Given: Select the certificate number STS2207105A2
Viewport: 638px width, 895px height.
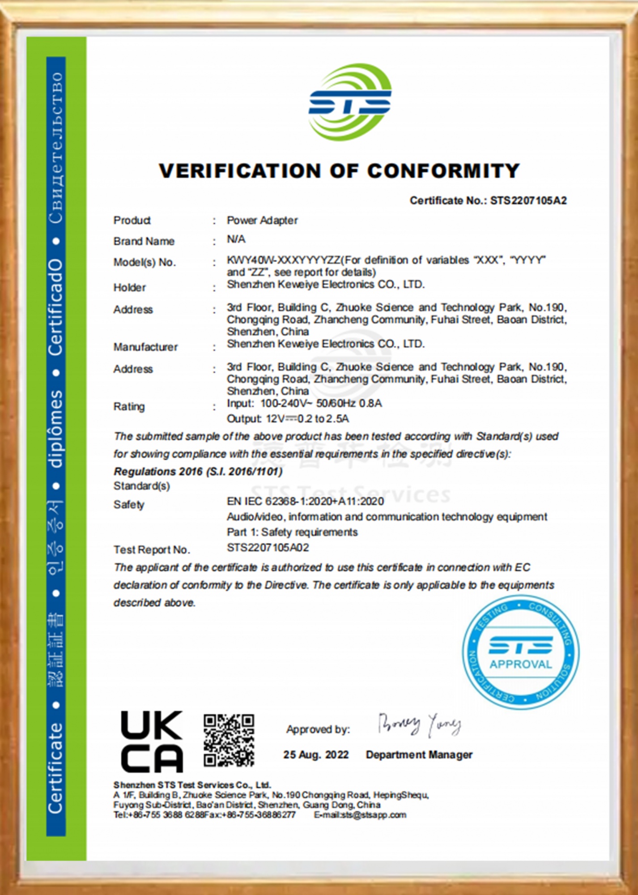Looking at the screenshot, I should click(528, 200).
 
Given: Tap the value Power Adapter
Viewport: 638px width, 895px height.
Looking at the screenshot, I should click(262, 220).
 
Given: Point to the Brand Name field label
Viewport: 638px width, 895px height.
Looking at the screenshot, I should click(144, 241).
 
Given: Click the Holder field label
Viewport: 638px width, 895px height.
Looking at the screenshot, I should click(129, 287).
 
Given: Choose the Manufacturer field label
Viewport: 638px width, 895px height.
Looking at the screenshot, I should click(145, 347).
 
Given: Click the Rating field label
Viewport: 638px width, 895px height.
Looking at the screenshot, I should click(129, 406).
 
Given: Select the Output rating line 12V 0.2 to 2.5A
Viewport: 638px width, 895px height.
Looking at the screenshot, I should click(288, 419).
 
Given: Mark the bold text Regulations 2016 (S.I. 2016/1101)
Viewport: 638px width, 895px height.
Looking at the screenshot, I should click(198, 471).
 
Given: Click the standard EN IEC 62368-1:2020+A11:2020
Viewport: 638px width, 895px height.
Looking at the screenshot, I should click(305, 501).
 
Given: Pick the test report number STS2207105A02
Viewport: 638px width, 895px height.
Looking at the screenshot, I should click(268, 547).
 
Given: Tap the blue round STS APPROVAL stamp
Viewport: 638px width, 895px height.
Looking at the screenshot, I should click(520, 652).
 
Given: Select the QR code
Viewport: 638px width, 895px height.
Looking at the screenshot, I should click(229, 740).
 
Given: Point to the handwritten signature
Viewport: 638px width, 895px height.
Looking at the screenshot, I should click(419, 724).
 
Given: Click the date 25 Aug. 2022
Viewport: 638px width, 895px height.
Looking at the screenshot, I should click(316, 754).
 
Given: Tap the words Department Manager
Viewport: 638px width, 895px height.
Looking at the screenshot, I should click(419, 754).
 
